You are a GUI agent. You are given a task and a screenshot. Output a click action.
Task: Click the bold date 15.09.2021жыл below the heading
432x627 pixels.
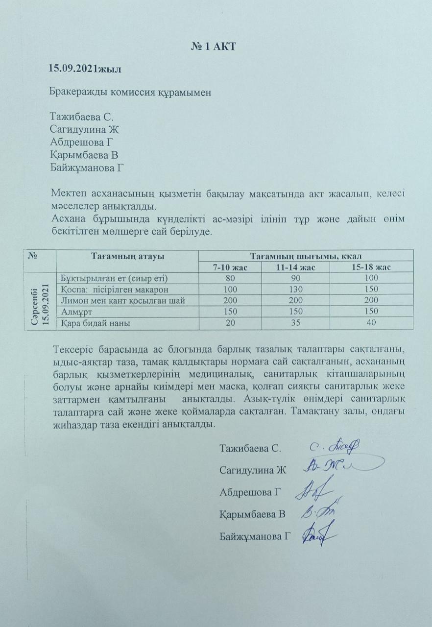85,69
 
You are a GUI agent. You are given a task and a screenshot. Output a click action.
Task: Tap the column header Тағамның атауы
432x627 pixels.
127,256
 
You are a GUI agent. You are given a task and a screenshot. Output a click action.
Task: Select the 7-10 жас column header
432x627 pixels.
230,267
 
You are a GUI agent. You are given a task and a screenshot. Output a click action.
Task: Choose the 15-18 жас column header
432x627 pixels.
371,267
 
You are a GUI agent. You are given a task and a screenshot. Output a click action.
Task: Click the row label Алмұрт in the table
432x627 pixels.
77,311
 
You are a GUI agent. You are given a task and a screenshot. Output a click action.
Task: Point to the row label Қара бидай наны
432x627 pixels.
96,323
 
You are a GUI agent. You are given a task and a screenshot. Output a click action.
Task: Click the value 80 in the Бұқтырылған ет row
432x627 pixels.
229,278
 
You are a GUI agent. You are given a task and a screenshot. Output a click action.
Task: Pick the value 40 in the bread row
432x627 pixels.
371,323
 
